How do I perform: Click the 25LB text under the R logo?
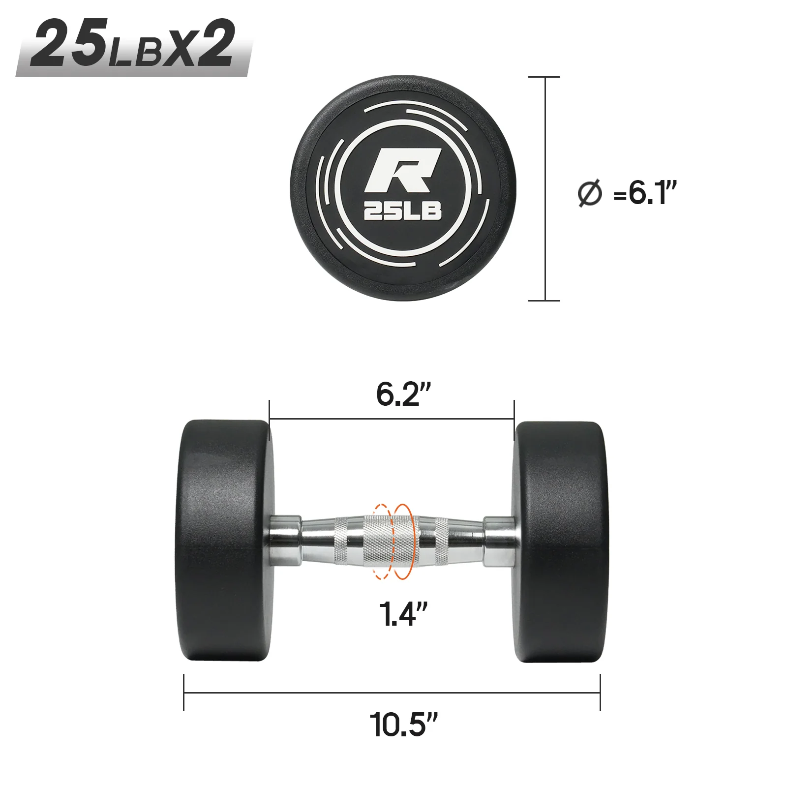click(x=402, y=212)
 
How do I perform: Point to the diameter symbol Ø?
click(x=589, y=193)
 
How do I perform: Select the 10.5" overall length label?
click(x=403, y=725)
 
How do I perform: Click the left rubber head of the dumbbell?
click(x=224, y=540)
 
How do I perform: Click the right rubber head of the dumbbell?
click(x=561, y=541)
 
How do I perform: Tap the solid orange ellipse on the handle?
click(x=403, y=541)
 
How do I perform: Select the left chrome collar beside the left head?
click(x=285, y=540)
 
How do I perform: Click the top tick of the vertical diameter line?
click(x=544, y=77)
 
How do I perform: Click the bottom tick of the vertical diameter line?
click(x=544, y=300)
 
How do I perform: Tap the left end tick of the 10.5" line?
click(x=184, y=692)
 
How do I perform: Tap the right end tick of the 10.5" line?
click(x=600, y=692)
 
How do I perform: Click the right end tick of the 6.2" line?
click(x=514, y=420)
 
